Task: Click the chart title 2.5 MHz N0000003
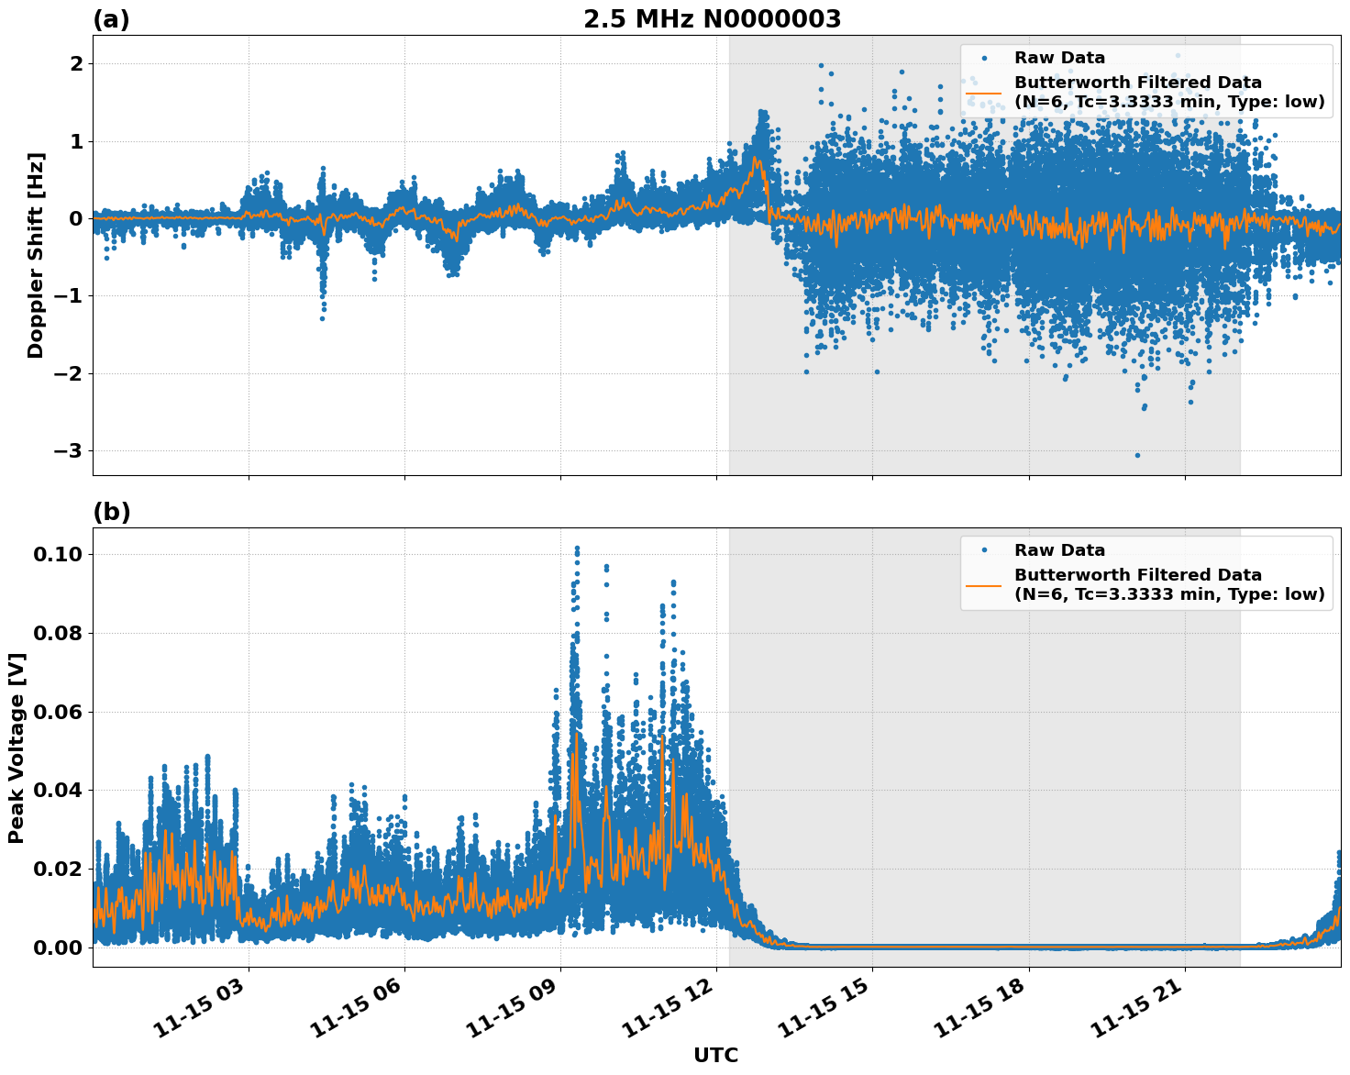[x=712, y=19]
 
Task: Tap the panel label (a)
[x=111, y=20]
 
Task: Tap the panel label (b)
[x=111, y=513]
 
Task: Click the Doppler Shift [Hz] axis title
[x=36, y=255]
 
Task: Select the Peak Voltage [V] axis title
[x=16, y=748]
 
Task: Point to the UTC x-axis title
[x=715, y=1055]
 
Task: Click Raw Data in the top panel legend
[x=1059, y=58]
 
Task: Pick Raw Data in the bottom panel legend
[x=1059, y=550]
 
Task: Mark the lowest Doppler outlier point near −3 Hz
[x=1137, y=455]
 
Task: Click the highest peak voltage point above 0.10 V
[x=577, y=549]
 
